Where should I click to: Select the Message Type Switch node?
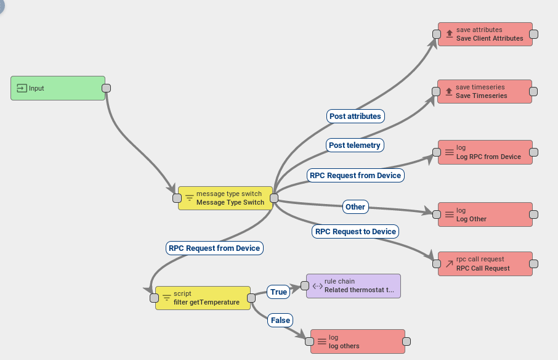pyautogui.click(x=225, y=198)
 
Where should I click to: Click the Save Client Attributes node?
pyautogui.click(x=485, y=34)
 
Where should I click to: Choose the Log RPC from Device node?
pyautogui.click(x=485, y=152)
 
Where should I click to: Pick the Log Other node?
pyautogui.click(x=485, y=215)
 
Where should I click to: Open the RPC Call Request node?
pyautogui.click(x=485, y=264)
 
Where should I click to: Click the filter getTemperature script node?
pyautogui.click(x=203, y=298)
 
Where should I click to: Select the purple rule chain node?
pyautogui.click(x=354, y=286)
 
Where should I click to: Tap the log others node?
pyautogui.click(x=358, y=342)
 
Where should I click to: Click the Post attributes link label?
pyautogui.click(x=355, y=116)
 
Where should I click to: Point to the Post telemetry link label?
pyautogui.click(x=355, y=145)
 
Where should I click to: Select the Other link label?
pyautogui.click(x=355, y=207)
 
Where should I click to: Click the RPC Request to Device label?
pyautogui.click(x=355, y=231)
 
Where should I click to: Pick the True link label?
pyautogui.click(x=279, y=292)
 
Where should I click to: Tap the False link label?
pyautogui.click(x=280, y=320)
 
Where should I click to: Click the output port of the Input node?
pyautogui.click(x=106, y=88)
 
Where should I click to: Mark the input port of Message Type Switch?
pyautogui.click(x=177, y=198)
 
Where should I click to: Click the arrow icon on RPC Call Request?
pyautogui.click(x=449, y=264)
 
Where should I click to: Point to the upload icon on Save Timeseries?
pyautogui.click(x=448, y=91)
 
